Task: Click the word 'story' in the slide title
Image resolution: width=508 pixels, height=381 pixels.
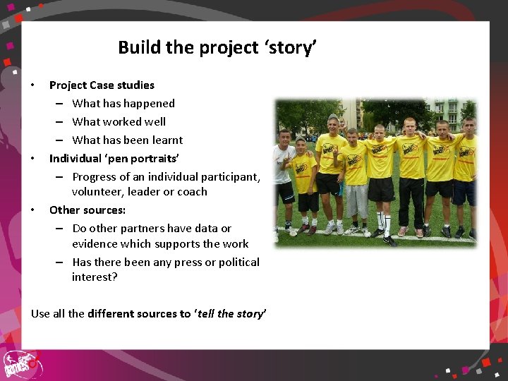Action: click(290, 48)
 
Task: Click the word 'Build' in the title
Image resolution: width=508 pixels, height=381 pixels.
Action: click(139, 47)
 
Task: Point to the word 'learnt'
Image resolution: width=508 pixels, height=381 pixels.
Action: click(167, 140)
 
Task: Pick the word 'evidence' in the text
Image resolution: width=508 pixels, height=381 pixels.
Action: click(95, 244)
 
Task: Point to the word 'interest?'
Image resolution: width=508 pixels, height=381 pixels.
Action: click(95, 277)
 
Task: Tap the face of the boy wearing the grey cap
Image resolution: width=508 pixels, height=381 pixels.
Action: click(333, 126)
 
